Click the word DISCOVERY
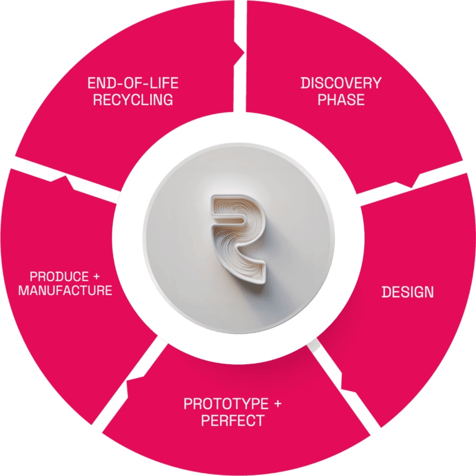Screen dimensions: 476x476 click(x=341, y=83)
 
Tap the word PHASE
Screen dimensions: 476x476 click(x=341, y=99)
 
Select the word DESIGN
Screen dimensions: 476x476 click(x=408, y=292)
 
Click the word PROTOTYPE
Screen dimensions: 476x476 click(x=226, y=404)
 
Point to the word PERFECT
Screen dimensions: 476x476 click(x=233, y=421)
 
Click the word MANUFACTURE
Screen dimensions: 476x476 click(x=65, y=290)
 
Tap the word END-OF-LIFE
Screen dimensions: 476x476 click(x=133, y=83)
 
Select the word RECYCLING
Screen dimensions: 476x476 click(x=133, y=99)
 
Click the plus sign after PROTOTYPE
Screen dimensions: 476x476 click(x=277, y=405)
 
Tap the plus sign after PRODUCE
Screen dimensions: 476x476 click(x=96, y=277)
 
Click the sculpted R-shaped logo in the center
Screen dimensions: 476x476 click(x=239, y=236)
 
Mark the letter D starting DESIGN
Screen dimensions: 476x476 click(x=386, y=292)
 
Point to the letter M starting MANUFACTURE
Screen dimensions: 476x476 click(x=22, y=290)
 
